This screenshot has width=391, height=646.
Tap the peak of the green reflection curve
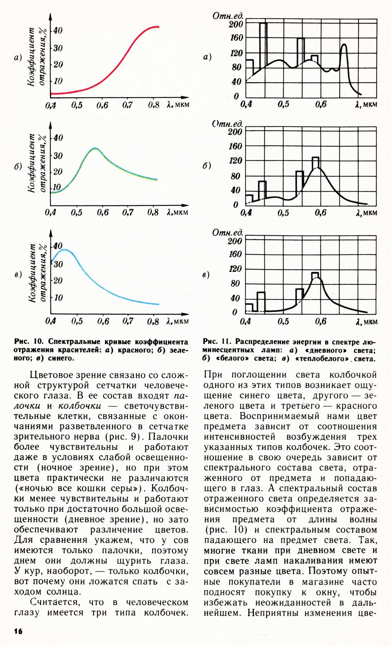tap(94, 149)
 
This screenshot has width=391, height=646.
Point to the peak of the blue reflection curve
tap(65, 250)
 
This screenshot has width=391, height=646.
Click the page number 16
tap(18, 631)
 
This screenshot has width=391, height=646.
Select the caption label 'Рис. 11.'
tap(217, 342)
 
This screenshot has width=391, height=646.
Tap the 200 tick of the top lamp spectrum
tap(236, 24)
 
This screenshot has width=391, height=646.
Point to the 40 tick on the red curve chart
tap(58, 31)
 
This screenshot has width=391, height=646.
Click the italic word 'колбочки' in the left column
tap(80, 406)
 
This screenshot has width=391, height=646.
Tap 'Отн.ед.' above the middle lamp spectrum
tap(228, 124)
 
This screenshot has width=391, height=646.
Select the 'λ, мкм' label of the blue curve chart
tap(178, 321)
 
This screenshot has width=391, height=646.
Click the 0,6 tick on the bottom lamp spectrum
tap(321, 321)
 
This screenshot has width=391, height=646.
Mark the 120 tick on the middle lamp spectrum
tap(236, 161)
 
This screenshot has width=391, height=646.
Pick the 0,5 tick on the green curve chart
tap(77, 213)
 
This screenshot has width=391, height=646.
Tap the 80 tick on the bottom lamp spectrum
tap(235, 284)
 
